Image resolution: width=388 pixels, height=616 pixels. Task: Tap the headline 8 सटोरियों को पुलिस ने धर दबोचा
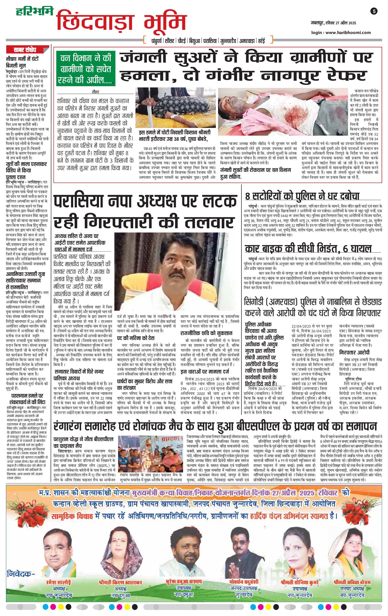[302, 196]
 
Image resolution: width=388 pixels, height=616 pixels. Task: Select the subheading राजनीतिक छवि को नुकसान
[206, 333]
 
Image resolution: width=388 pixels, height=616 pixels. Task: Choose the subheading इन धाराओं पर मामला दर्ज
[205, 371]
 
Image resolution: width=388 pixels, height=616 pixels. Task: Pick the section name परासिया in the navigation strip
[210, 41]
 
